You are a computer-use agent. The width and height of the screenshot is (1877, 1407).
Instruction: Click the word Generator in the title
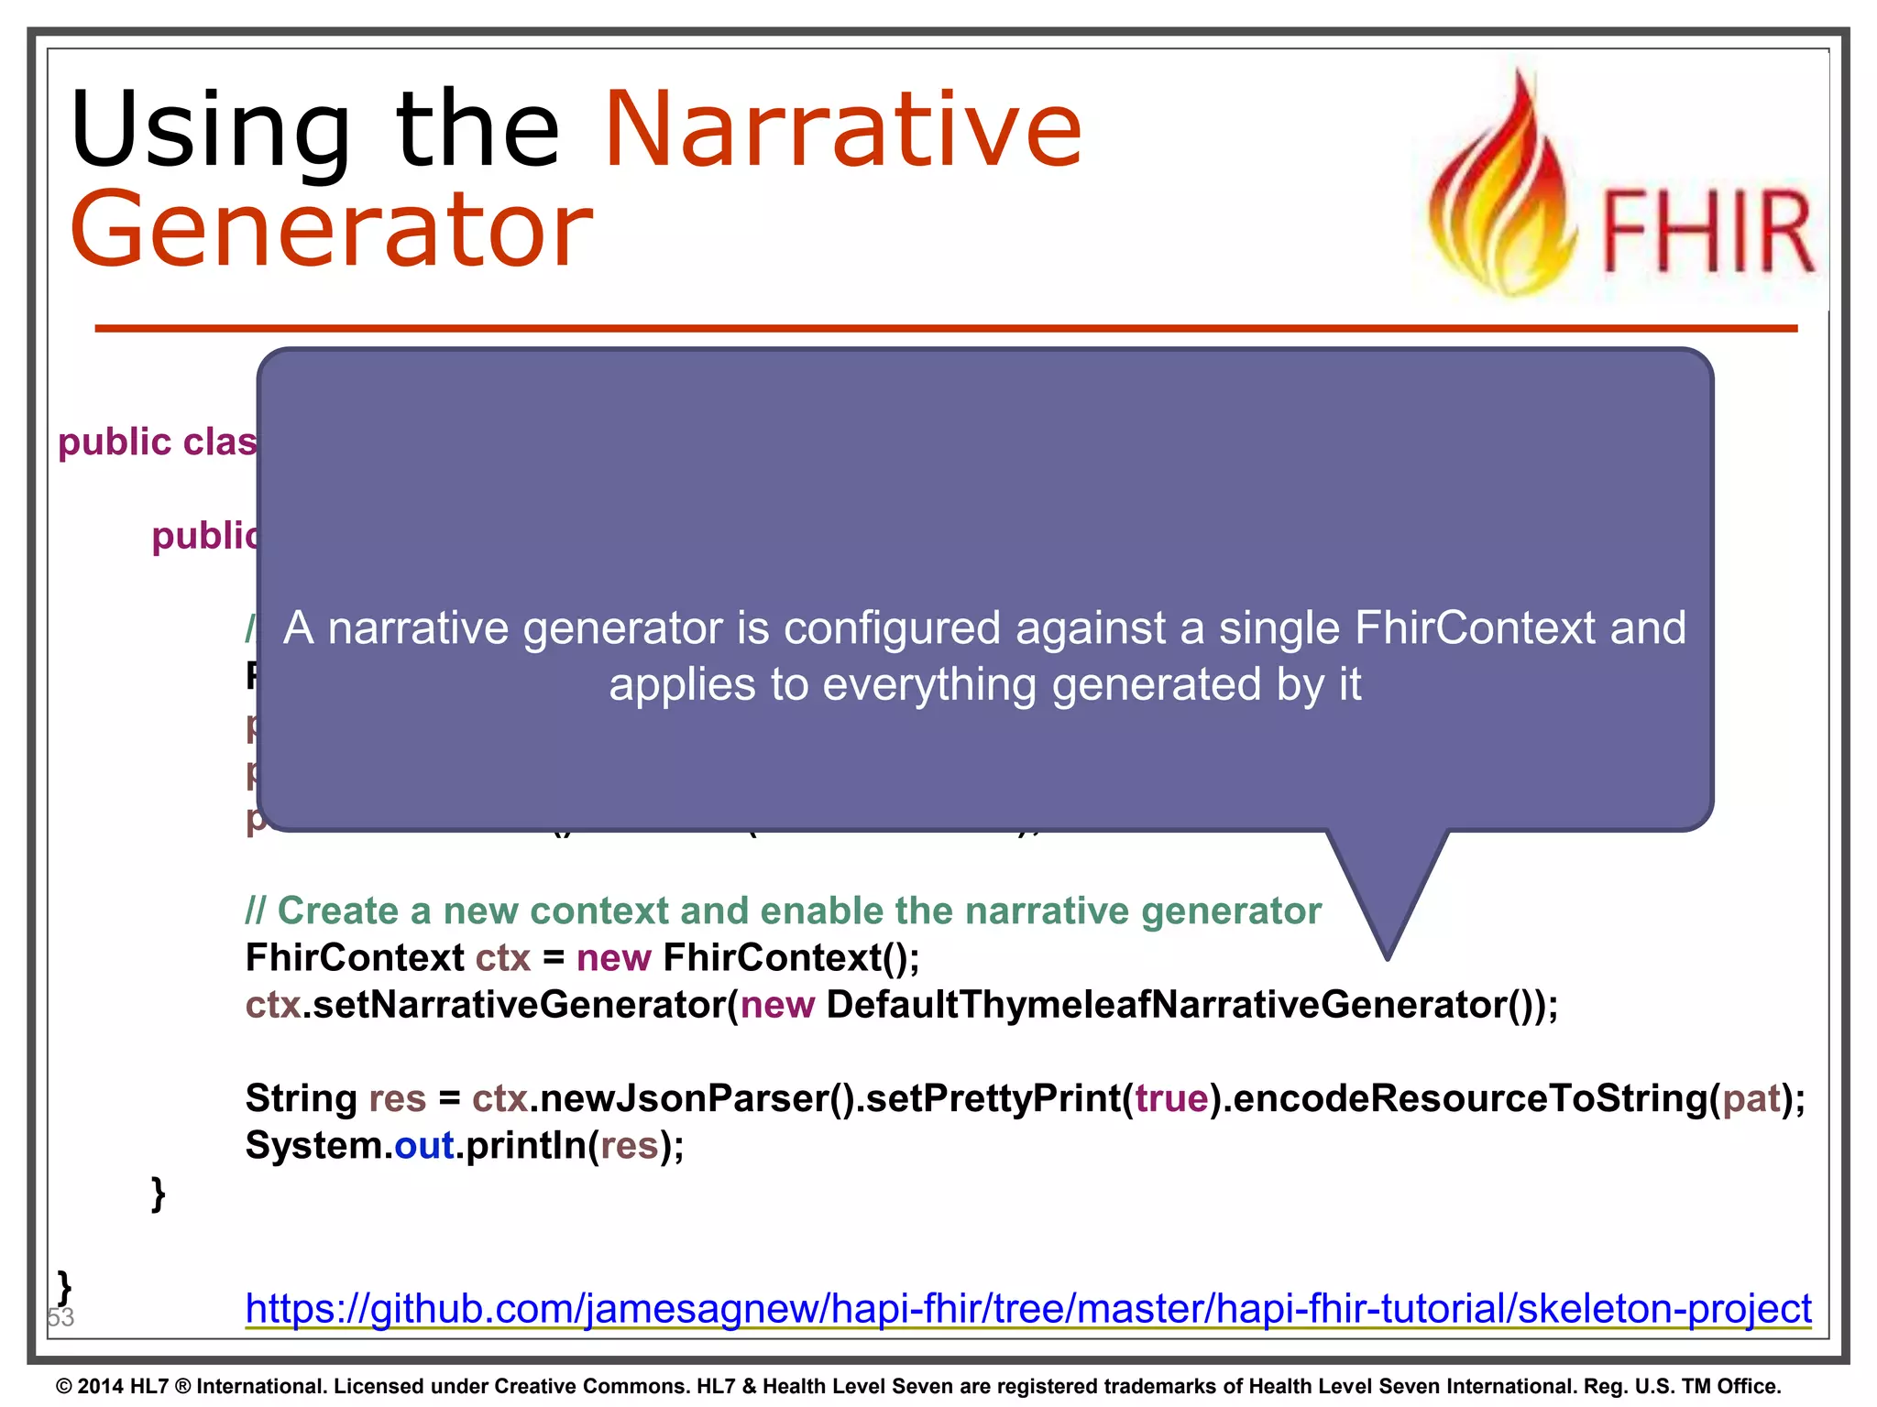(x=332, y=229)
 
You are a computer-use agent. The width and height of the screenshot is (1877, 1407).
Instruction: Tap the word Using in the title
(x=211, y=130)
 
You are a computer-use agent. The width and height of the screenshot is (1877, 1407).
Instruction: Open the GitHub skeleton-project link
(x=1027, y=1308)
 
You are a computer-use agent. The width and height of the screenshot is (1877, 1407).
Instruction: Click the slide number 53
(x=60, y=1317)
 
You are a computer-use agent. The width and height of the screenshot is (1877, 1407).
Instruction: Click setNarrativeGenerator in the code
(x=515, y=1005)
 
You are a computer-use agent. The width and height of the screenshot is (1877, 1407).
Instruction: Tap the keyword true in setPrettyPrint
(x=1171, y=1098)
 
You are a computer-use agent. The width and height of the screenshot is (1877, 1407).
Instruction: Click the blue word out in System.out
(x=423, y=1146)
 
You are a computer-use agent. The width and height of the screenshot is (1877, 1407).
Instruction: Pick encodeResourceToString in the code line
(x=1470, y=1098)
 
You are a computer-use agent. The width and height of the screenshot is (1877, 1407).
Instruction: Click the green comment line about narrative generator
(x=783, y=911)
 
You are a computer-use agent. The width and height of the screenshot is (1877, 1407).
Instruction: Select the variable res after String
(x=397, y=1098)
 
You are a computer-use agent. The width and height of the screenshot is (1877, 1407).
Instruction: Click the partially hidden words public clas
(x=157, y=442)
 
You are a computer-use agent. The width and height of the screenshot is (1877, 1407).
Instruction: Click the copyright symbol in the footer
(x=63, y=1387)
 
